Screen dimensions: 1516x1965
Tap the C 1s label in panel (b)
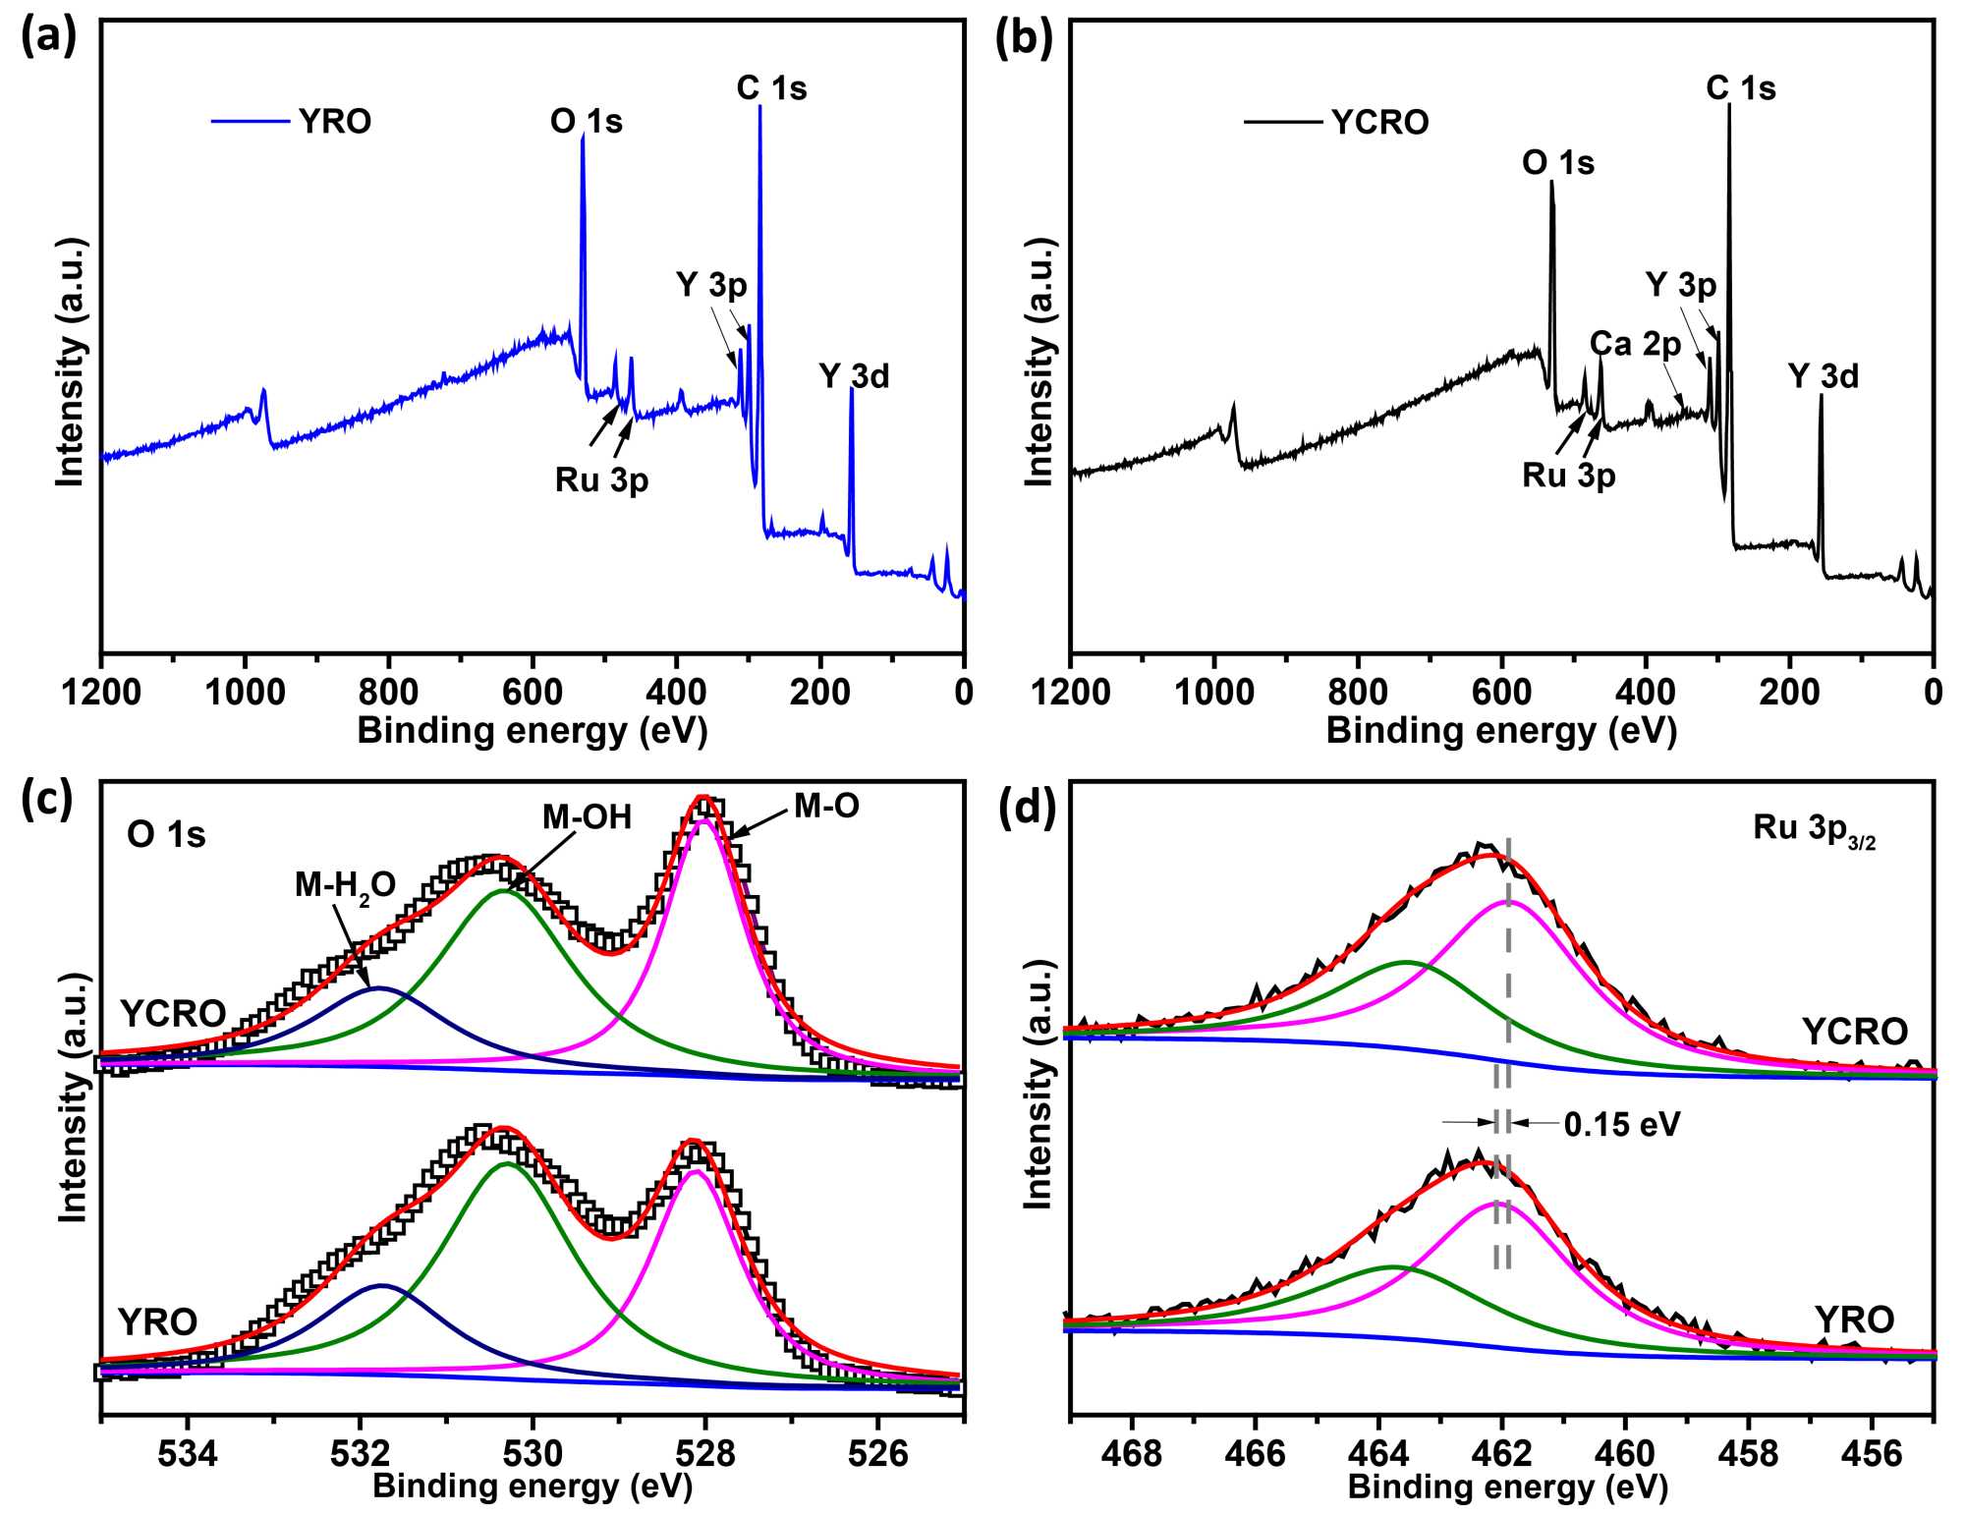1740,88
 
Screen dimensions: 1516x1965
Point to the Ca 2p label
1635,344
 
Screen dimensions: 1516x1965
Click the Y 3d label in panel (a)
854,376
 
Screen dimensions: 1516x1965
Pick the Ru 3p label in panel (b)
1568,476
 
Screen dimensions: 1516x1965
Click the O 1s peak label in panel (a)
586,122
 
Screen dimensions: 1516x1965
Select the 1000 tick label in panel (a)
245,692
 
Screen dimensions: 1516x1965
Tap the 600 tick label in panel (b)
1501,692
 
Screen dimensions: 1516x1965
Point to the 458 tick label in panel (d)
1749,1452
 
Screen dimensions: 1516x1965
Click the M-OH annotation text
587,817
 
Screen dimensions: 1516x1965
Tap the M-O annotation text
826,807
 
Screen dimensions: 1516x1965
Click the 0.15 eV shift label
1622,1124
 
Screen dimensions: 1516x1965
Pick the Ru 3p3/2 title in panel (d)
1814,830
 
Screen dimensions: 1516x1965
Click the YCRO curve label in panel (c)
173,1013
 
